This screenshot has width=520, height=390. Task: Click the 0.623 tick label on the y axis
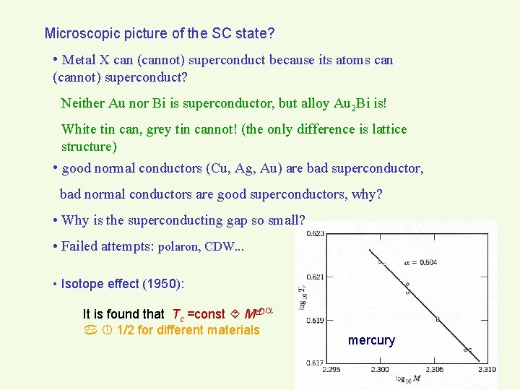click(x=314, y=233)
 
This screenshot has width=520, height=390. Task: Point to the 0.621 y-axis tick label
click(x=314, y=277)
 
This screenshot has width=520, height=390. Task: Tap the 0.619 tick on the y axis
click(x=314, y=319)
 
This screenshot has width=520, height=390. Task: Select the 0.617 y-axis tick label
click(x=314, y=363)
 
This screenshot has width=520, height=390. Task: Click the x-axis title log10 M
click(x=408, y=378)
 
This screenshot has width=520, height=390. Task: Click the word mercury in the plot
click(x=371, y=340)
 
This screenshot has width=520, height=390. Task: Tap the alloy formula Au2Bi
click(x=353, y=103)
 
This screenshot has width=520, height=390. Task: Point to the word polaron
click(x=180, y=246)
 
